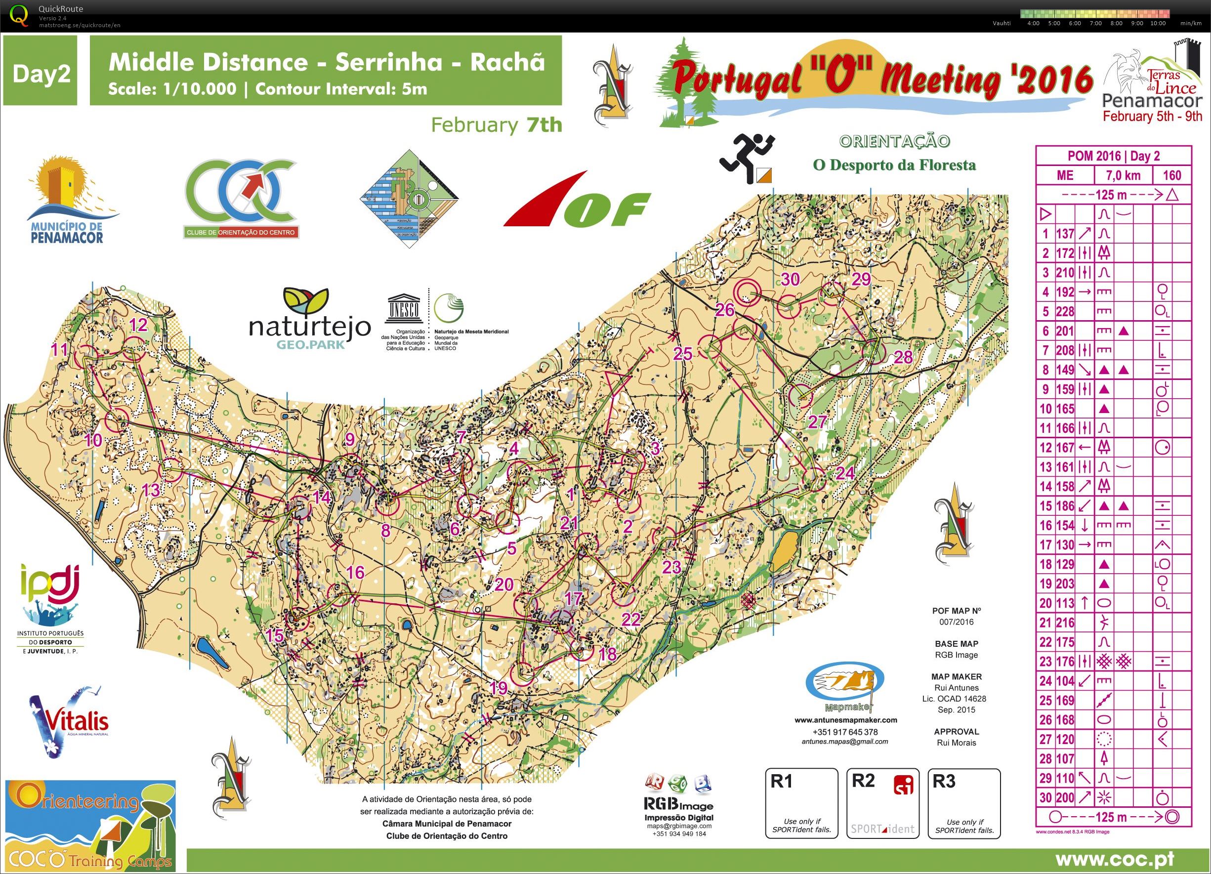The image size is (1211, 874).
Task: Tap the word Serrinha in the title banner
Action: pos(389,62)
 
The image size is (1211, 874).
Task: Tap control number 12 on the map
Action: pos(138,325)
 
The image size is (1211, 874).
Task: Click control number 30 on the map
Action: pos(790,279)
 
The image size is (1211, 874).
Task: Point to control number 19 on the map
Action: pos(498,688)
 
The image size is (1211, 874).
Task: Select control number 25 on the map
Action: pos(683,353)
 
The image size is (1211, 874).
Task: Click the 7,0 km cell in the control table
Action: pos(1123,175)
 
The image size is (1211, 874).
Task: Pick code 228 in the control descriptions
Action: pos(1065,312)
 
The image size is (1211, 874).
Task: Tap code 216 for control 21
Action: pos(1065,623)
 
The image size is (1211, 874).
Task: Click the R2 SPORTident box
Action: pos(882,803)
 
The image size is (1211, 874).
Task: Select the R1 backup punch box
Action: pos(801,803)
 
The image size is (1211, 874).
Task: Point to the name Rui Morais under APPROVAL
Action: pos(957,743)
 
